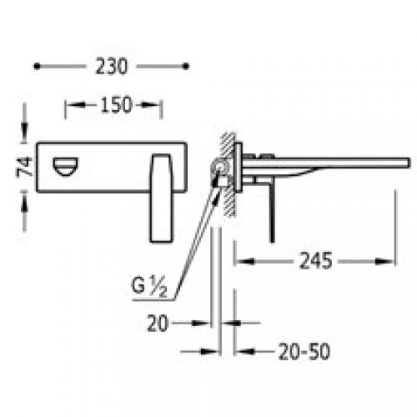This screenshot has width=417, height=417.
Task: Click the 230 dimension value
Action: [x=111, y=65]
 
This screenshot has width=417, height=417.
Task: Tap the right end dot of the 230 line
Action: [x=186, y=64]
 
